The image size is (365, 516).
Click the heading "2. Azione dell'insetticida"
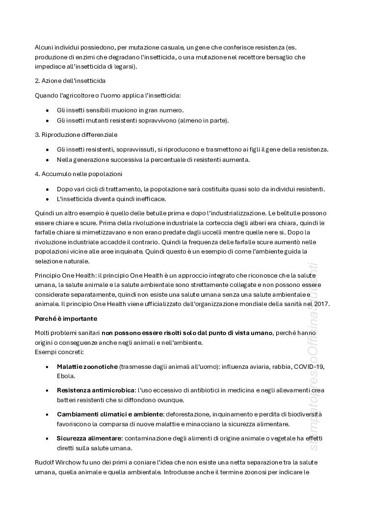tap(70, 80)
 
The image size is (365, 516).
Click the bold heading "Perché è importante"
tap(66, 319)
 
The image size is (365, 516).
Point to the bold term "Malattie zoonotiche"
tap(87, 366)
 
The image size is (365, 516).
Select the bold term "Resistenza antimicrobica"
tap(96, 390)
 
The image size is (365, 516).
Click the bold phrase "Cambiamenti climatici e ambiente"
tap(109, 414)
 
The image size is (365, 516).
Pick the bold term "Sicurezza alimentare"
tap(88, 438)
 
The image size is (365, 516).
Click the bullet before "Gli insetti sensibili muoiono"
tap(47, 111)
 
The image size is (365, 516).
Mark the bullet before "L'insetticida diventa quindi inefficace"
tap(47, 199)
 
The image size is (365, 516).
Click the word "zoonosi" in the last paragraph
tap(265, 472)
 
